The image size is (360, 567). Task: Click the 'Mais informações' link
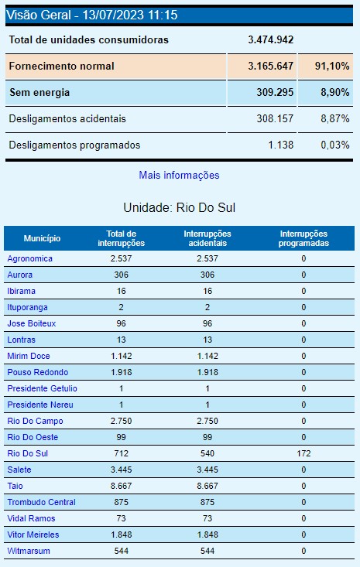(x=179, y=176)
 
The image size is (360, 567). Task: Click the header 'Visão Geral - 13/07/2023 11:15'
(x=91, y=15)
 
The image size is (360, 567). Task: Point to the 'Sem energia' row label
(x=39, y=93)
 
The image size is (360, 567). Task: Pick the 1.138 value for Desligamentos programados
(x=278, y=145)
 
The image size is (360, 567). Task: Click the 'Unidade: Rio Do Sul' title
(x=179, y=208)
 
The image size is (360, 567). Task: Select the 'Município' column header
(x=42, y=238)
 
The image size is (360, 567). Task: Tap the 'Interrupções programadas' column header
(x=303, y=238)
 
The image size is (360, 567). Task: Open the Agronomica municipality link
(x=29, y=258)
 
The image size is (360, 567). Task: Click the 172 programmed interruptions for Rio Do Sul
(x=303, y=453)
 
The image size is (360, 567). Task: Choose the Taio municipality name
(x=15, y=486)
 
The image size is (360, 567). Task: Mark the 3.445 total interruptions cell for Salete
(x=121, y=470)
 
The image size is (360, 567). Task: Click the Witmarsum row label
(x=27, y=551)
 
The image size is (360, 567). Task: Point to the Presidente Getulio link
(x=42, y=388)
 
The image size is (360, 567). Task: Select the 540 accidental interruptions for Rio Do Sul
(x=207, y=453)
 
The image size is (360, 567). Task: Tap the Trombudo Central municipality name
(x=41, y=502)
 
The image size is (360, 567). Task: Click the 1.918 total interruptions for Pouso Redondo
(x=121, y=372)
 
